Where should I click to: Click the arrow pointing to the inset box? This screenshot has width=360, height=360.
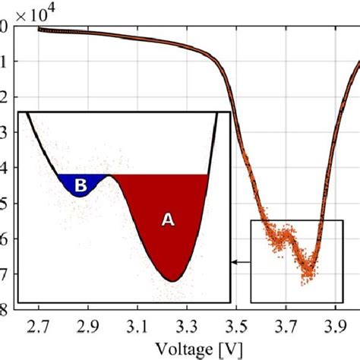click(240, 263)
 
